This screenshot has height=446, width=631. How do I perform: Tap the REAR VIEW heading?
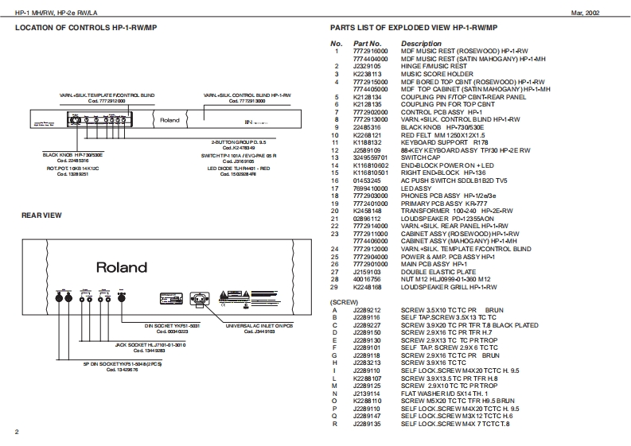click(37, 216)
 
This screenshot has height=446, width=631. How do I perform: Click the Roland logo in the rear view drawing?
click(122, 268)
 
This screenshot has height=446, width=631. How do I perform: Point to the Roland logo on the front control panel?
click(169, 121)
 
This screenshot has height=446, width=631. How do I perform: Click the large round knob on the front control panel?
click(76, 121)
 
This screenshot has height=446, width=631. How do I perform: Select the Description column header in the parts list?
click(421, 43)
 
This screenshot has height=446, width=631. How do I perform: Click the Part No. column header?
click(368, 43)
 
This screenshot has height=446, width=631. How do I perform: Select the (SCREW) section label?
click(345, 301)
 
